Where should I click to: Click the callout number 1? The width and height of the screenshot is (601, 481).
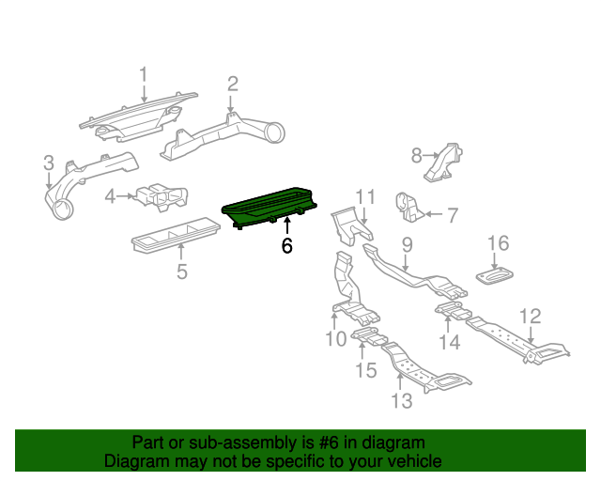(x=144, y=74)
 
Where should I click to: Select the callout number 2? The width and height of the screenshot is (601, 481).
(x=232, y=84)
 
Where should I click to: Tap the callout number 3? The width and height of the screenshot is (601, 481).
(x=49, y=166)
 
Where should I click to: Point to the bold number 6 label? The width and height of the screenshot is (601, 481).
(x=287, y=246)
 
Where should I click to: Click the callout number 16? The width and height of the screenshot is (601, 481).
(x=498, y=244)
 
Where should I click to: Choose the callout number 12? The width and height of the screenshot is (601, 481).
(x=531, y=317)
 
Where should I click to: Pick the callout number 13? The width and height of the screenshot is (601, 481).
(x=401, y=401)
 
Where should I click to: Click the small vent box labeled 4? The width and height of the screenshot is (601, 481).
(x=160, y=195)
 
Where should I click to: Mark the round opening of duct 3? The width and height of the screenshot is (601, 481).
(x=60, y=209)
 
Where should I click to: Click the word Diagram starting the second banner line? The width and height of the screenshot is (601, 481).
(x=134, y=461)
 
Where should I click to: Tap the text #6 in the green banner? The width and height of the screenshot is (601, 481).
(x=324, y=442)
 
